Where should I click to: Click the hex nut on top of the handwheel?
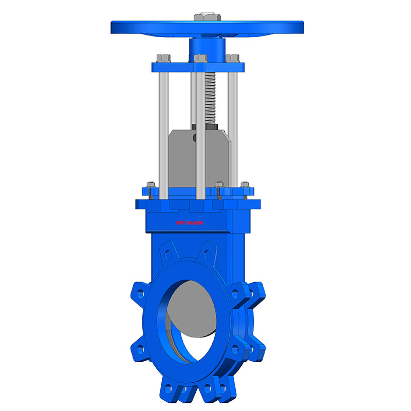click(204, 17)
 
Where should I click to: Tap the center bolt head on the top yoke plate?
click(200, 58)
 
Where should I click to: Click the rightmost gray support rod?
click(234, 128)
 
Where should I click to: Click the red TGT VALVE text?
click(189, 223)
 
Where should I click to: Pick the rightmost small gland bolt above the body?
click(245, 185)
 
